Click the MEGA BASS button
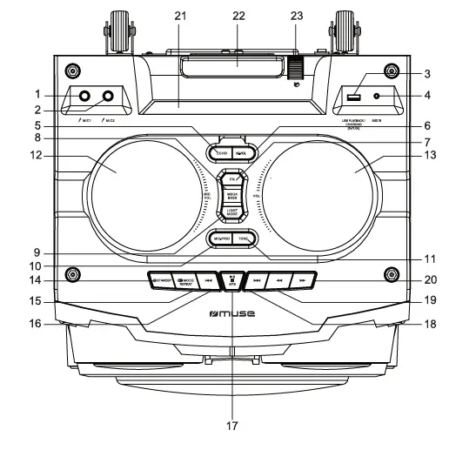[232, 198]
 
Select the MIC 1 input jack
[84, 96]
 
